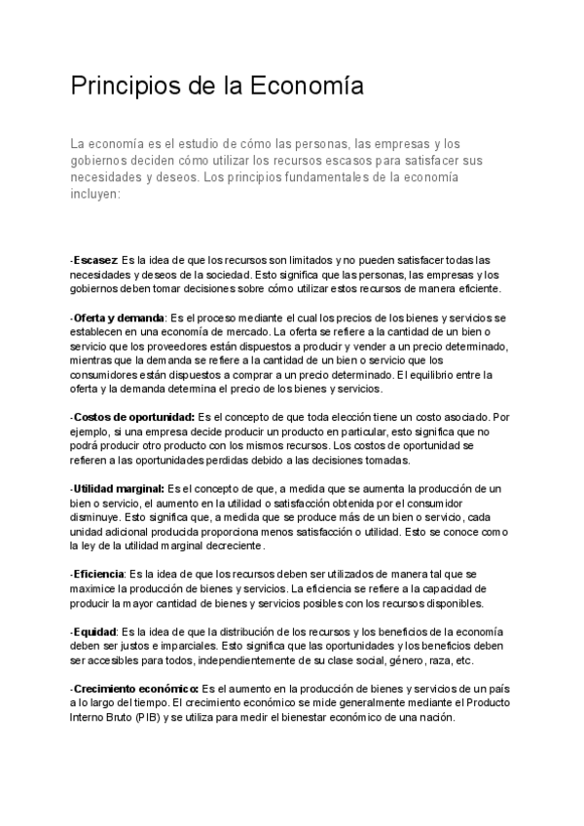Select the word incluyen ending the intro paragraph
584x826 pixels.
[94, 194]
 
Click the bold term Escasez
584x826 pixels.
[95, 261]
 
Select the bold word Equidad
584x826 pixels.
[95, 631]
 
